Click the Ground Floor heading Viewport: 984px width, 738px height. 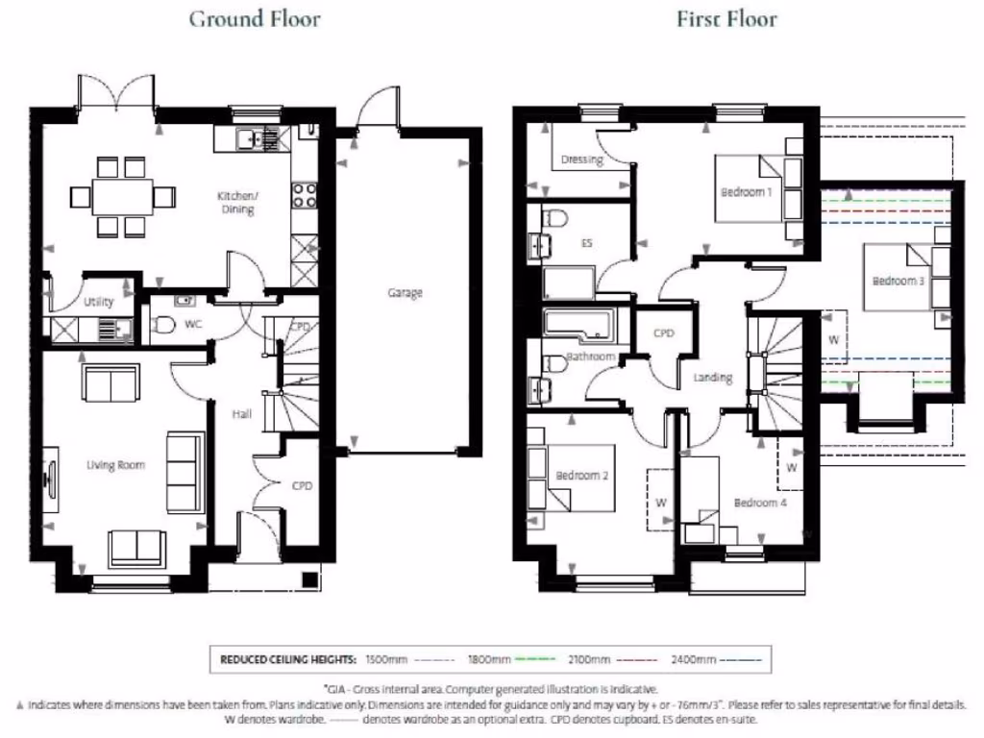255,18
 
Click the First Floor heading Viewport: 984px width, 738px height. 727,18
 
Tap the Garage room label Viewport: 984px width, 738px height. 405,293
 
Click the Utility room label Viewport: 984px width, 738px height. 99,302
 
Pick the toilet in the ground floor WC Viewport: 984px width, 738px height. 162,326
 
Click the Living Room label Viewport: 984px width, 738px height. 115,465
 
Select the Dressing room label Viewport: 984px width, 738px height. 581,160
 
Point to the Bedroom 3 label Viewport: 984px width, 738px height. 898,282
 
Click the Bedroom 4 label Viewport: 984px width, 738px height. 760,503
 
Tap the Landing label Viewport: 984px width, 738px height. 713,378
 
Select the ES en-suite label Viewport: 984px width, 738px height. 586,243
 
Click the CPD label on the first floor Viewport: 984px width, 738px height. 664,333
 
